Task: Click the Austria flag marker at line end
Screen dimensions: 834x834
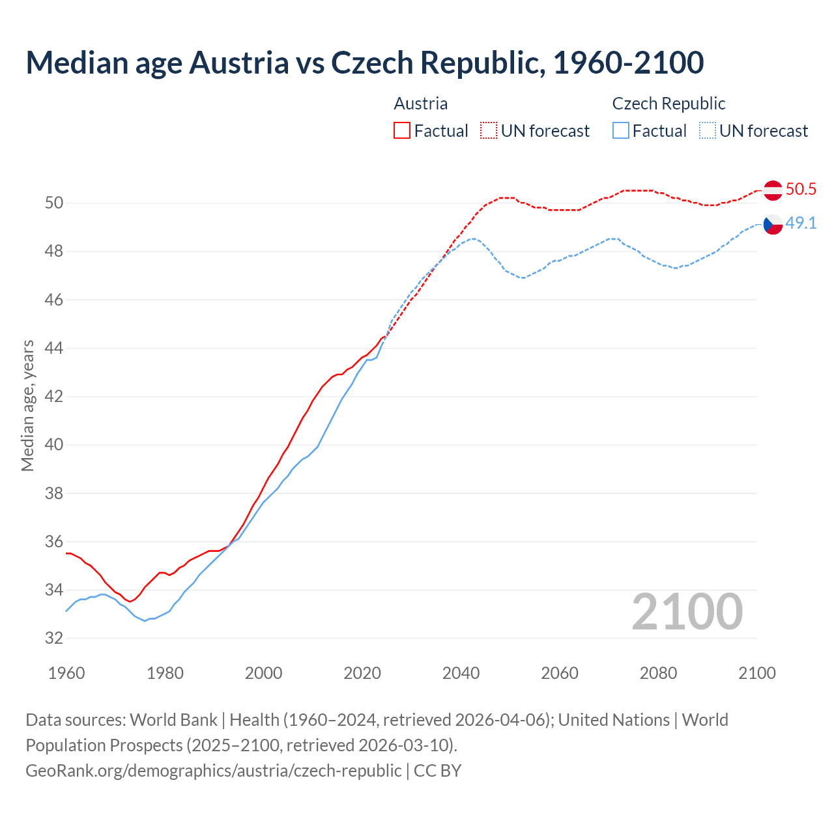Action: pyautogui.click(x=773, y=190)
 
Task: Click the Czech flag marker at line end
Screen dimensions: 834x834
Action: pyautogui.click(x=773, y=224)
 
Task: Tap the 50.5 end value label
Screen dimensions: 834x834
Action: pyautogui.click(x=801, y=190)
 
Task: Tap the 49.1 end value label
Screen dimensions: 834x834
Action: pyautogui.click(x=801, y=223)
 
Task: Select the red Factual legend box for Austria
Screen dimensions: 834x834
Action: pyautogui.click(x=402, y=131)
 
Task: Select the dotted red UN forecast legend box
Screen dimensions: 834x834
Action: pyautogui.click(x=489, y=131)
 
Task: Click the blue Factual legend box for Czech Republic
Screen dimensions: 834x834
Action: pyautogui.click(x=621, y=131)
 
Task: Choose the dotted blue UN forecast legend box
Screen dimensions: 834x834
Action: pyautogui.click(x=707, y=131)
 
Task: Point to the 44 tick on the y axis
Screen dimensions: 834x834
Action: pyautogui.click(x=54, y=349)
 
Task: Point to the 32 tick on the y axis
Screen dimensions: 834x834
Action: pyautogui.click(x=54, y=639)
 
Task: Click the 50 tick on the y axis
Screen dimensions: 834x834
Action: pyautogui.click(x=54, y=203)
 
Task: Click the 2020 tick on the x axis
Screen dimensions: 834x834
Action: pyautogui.click(x=362, y=673)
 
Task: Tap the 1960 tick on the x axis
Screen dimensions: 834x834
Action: pyautogui.click(x=66, y=673)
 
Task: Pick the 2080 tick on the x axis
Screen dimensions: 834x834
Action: pyautogui.click(x=658, y=673)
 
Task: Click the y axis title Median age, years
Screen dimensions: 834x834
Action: pyautogui.click(x=27, y=405)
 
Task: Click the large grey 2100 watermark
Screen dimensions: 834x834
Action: pyautogui.click(x=687, y=612)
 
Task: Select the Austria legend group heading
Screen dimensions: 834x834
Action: pyautogui.click(x=421, y=104)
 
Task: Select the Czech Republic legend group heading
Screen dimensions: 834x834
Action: pyautogui.click(x=669, y=104)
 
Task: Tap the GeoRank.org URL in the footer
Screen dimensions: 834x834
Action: pyautogui.click(x=214, y=770)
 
